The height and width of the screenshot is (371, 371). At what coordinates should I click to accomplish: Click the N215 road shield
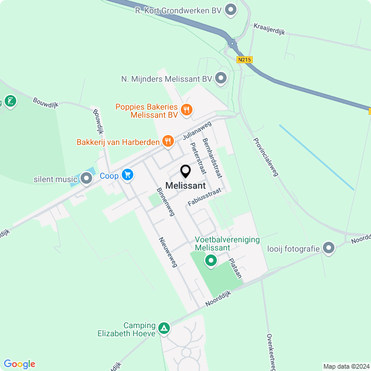coord(244,59)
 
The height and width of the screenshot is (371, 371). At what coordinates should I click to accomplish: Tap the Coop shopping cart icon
coord(128,174)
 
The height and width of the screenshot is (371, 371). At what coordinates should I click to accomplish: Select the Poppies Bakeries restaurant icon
coord(187,109)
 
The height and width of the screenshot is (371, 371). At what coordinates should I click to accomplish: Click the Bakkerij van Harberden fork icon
coord(168,141)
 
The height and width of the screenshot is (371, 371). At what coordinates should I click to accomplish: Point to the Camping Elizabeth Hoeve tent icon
coord(164,329)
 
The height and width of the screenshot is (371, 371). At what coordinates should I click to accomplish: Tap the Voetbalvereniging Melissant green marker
coord(211,261)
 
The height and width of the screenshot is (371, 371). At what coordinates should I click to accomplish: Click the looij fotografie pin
coord(329,249)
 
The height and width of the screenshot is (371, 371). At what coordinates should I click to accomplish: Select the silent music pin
coord(86,179)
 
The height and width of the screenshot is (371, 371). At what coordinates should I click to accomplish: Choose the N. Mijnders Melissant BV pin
coord(220,78)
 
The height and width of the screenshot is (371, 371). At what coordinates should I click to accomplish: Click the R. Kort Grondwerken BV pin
coord(231,9)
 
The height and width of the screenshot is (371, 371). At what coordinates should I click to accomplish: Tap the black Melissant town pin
coord(185,172)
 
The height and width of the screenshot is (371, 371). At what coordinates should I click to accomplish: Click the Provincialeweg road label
coord(265,157)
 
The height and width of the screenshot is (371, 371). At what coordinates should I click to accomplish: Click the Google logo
coord(19,364)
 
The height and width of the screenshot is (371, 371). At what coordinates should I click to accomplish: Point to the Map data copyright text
coord(345,366)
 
